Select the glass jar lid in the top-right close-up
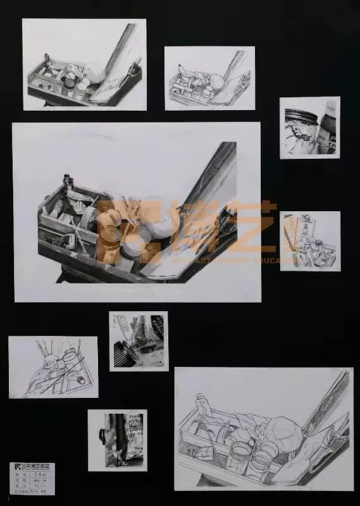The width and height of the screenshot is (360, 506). pos(297,114)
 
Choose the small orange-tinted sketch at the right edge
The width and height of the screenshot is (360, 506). pos(310,240)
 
